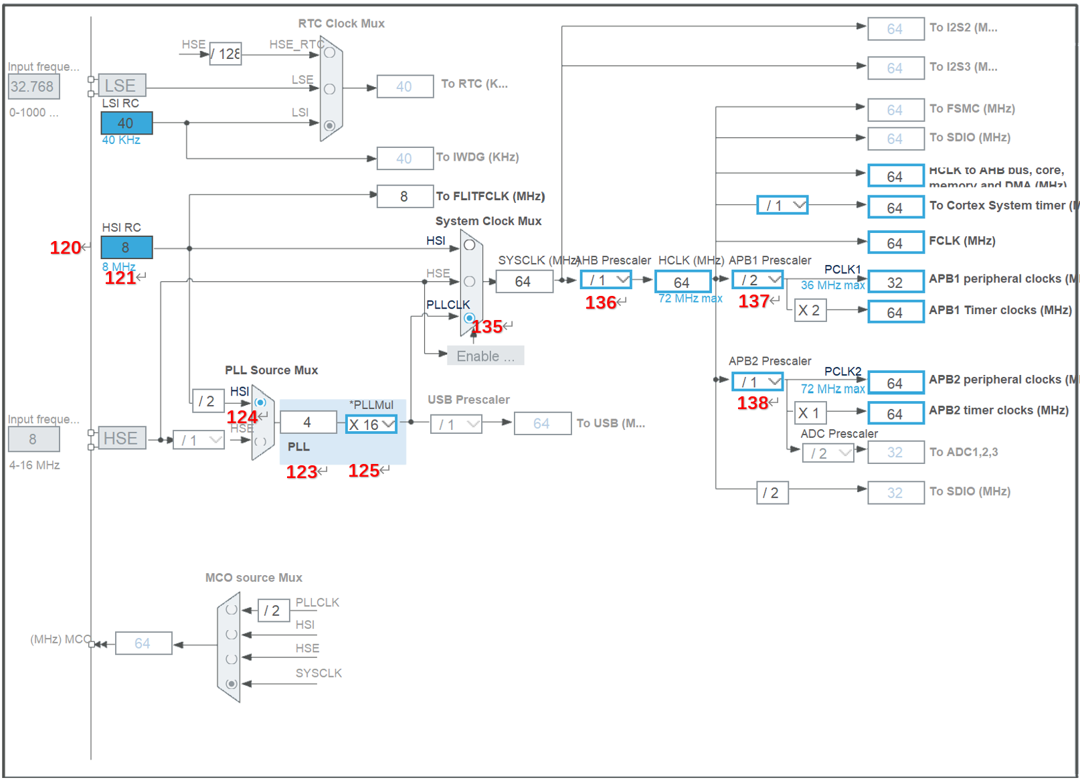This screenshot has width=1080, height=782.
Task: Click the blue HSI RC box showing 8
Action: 126,248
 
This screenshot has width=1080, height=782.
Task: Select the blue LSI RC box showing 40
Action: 126,123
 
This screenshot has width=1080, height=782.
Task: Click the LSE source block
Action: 121,86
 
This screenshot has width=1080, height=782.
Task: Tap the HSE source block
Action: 121,439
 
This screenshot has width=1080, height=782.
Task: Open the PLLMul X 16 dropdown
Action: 371,424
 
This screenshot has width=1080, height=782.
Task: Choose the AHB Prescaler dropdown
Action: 606,280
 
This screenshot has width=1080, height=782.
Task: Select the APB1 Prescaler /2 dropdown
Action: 757,280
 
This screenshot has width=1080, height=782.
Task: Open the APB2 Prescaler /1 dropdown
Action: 757,382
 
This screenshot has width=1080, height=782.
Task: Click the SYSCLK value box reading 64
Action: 524,282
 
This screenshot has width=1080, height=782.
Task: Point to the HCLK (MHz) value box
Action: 682,283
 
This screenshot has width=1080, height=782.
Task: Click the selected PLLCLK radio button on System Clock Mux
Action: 469,318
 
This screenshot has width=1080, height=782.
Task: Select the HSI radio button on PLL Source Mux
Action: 260,402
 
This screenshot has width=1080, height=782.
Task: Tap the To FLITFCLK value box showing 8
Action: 404,196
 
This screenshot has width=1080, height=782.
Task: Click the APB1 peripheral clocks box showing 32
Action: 895,283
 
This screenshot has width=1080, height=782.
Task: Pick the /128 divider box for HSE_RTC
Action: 226,54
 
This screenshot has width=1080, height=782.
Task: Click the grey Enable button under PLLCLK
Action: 485,356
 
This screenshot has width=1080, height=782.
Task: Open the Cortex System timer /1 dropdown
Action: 782,206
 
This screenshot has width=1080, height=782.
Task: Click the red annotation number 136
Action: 600,303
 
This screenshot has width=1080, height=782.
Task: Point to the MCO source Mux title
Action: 254,578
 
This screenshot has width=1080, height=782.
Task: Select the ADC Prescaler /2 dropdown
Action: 828,453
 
